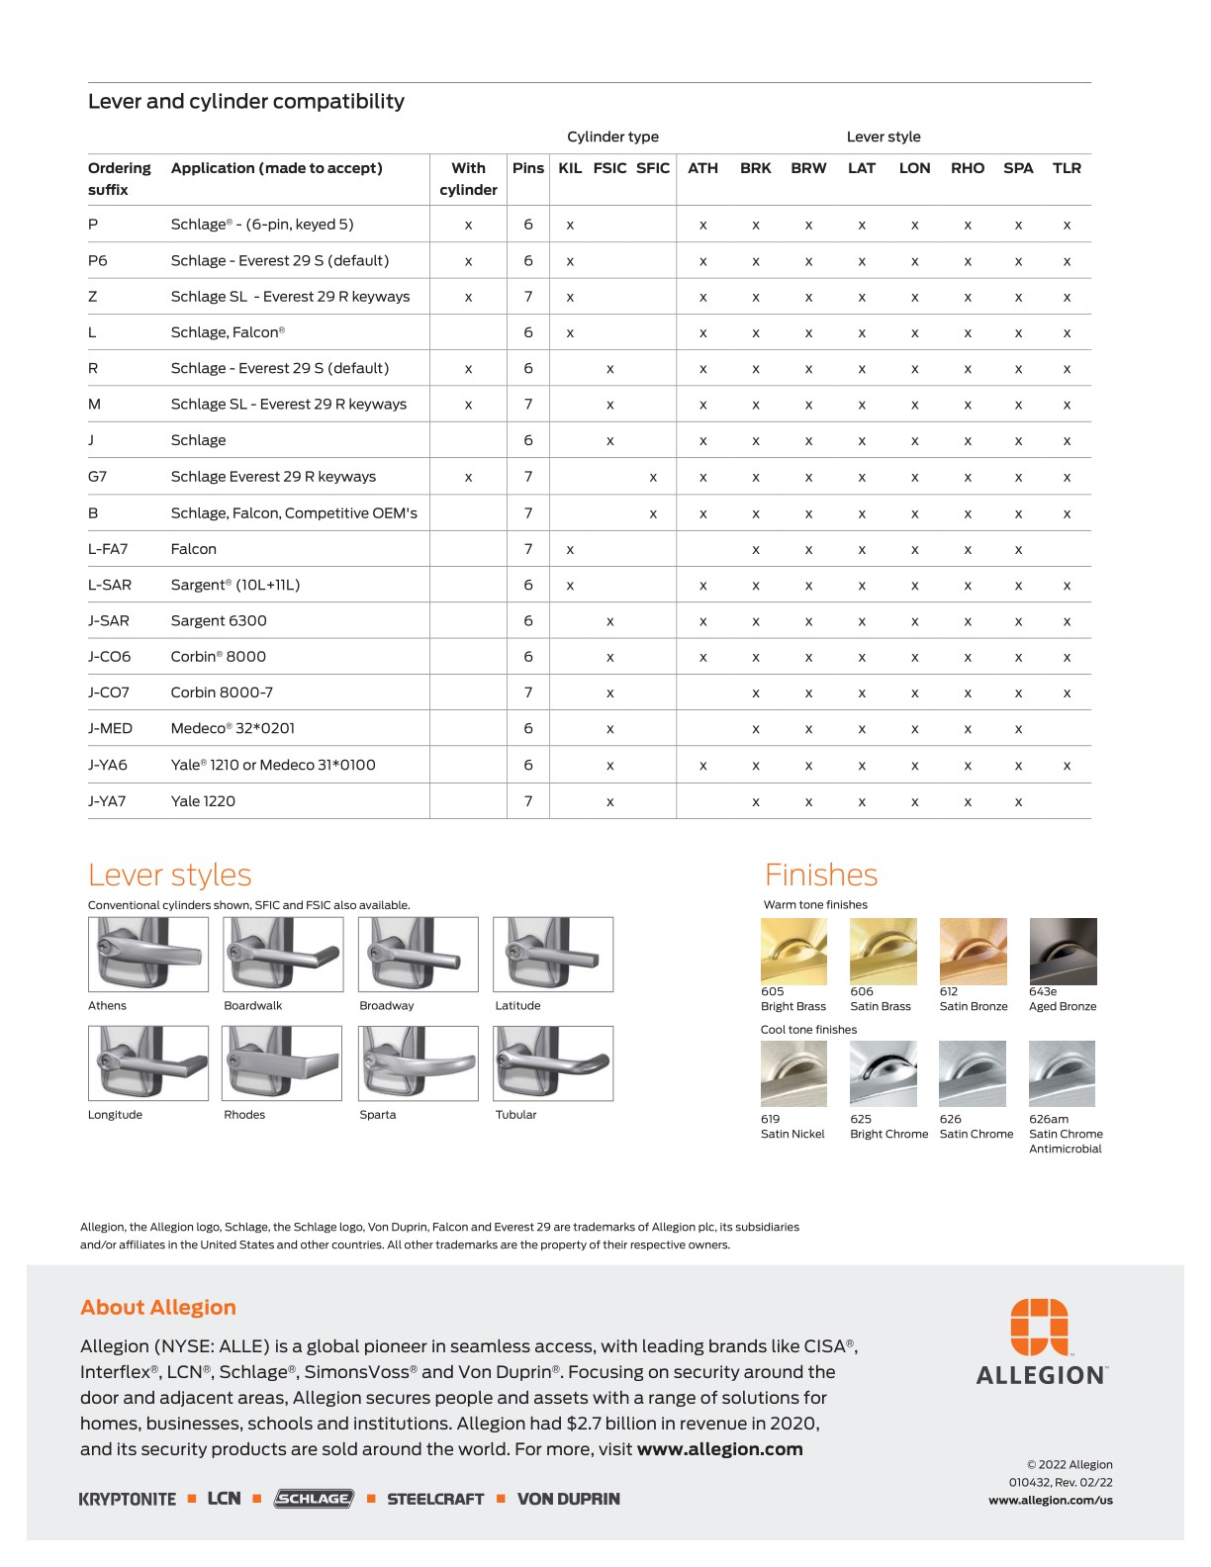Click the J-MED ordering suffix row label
point(110,728)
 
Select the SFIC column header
point(653,168)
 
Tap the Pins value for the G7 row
point(528,476)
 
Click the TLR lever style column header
point(1067,168)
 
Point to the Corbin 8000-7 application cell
point(222,692)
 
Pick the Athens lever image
point(148,954)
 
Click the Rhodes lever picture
point(283,1063)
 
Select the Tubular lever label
point(515,1115)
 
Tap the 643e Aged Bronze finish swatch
point(1063,951)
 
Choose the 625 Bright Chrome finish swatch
point(883,1073)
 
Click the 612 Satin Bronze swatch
point(973,951)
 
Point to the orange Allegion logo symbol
point(1039,1326)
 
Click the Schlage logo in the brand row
point(314,1499)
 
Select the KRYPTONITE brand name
point(128,1499)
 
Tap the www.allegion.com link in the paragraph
point(719,1449)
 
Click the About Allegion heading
point(158,1307)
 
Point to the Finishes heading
point(821,875)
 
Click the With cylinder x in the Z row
point(468,297)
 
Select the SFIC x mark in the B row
point(653,513)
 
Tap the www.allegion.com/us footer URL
point(1050,1500)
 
